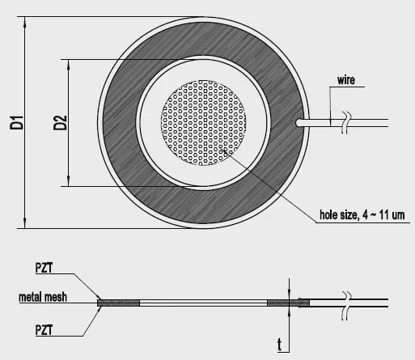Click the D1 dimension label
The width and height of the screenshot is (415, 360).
[x=17, y=123]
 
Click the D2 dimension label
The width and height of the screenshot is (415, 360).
[x=60, y=123]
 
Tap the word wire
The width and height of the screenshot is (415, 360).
[x=346, y=80]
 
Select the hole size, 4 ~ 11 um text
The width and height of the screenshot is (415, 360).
[x=362, y=215]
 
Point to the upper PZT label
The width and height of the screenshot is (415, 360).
[x=44, y=268]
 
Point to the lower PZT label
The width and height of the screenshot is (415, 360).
[x=44, y=330]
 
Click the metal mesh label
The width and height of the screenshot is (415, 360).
[x=43, y=297]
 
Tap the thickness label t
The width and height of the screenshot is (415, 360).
[x=280, y=345]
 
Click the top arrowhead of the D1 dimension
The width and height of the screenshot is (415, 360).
[x=25, y=22]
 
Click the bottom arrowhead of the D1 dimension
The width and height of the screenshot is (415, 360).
[x=25, y=223]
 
